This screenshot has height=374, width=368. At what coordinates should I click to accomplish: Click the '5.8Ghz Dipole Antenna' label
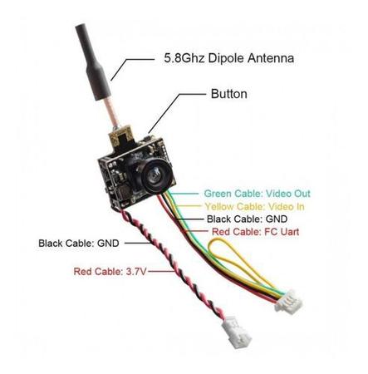click(x=228, y=58)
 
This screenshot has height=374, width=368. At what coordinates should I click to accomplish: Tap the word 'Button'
click(x=229, y=94)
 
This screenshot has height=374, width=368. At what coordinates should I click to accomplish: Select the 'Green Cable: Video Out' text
click(x=258, y=194)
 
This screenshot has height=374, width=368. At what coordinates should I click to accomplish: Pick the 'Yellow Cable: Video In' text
click(x=254, y=206)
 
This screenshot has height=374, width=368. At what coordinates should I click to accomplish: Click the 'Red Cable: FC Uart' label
click(x=255, y=232)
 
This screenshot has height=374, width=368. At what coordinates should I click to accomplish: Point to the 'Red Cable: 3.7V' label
click(x=110, y=271)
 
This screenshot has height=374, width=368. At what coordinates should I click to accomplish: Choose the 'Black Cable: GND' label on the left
click(x=79, y=244)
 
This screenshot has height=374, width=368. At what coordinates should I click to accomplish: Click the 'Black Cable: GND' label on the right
click(x=247, y=219)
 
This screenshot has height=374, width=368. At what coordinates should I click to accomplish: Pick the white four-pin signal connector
click(x=288, y=301)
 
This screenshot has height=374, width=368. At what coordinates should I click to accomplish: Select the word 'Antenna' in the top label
click(x=271, y=58)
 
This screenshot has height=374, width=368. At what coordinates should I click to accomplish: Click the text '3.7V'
click(x=136, y=271)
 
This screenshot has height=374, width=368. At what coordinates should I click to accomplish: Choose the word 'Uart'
click(x=290, y=232)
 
